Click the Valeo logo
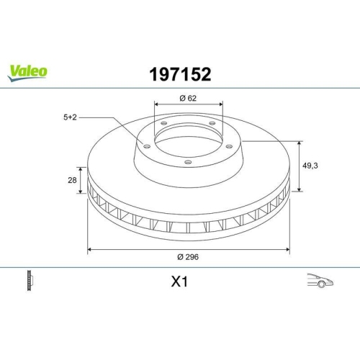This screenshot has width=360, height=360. (x=28, y=71)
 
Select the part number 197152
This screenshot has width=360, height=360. (x=179, y=73)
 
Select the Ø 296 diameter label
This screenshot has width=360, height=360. (x=189, y=258)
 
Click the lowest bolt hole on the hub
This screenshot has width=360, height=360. (x=188, y=162)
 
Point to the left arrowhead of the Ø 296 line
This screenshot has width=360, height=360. (x=89, y=249)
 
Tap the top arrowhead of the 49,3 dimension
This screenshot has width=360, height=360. (x=300, y=143)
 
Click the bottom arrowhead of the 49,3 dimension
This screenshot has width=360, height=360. (x=300, y=192)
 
